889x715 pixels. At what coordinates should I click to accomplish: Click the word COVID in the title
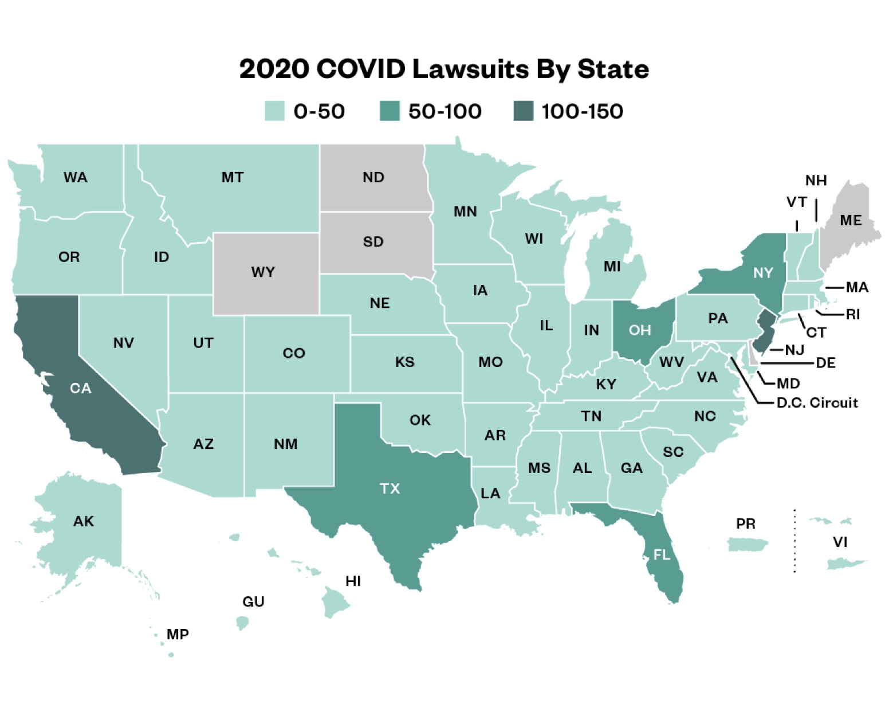pyautogui.click(x=360, y=69)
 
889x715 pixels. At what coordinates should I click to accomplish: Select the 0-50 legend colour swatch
pyautogui.click(x=274, y=111)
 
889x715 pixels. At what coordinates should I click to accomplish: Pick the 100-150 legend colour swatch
pyautogui.click(x=523, y=111)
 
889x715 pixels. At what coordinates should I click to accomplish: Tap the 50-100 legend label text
pyautogui.click(x=444, y=111)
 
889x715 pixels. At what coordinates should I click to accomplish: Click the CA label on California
pyautogui.click(x=81, y=389)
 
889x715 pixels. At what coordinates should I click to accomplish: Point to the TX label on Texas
pyautogui.click(x=390, y=489)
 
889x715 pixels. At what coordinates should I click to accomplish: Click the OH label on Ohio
pyautogui.click(x=640, y=330)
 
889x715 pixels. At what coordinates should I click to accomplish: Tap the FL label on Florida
pyautogui.click(x=662, y=554)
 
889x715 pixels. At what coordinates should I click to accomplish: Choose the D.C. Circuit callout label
pyautogui.click(x=817, y=403)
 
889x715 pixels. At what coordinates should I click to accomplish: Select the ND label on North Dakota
pyautogui.click(x=373, y=177)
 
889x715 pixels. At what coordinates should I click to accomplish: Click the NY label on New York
pyautogui.click(x=763, y=273)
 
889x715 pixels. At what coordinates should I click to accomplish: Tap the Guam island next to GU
pyautogui.click(x=243, y=622)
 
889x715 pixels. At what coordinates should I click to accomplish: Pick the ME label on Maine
pyautogui.click(x=851, y=220)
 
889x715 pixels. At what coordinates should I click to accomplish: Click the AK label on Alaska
pyautogui.click(x=84, y=521)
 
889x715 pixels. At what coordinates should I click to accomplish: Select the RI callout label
pyautogui.click(x=852, y=314)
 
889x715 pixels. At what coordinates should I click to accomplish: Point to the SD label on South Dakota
pyautogui.click(x=373, y=242)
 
